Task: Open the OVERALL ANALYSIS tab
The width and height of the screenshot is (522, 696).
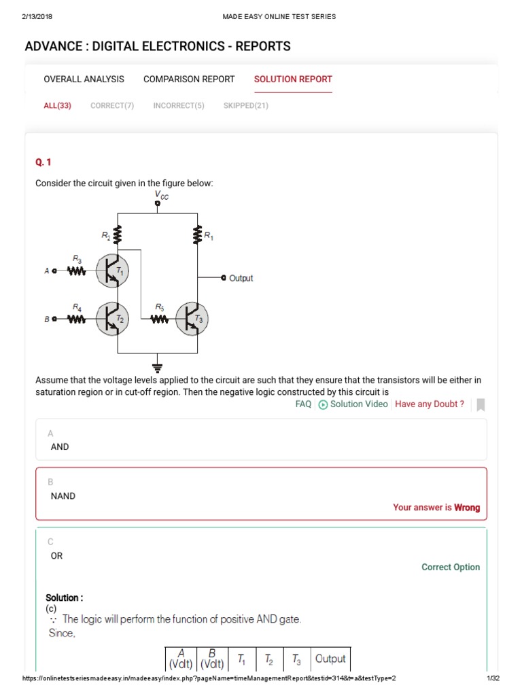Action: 84,79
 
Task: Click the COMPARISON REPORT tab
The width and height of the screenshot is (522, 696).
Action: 189,79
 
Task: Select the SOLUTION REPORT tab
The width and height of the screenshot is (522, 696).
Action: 293,79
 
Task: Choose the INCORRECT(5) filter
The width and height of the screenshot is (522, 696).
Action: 179,105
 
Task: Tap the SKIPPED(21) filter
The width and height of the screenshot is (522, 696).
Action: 246,105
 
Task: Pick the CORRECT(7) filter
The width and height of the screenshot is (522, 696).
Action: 112,105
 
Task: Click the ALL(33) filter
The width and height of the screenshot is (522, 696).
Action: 57,105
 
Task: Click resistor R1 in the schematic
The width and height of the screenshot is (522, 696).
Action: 198,235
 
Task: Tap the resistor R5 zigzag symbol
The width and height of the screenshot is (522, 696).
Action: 159,319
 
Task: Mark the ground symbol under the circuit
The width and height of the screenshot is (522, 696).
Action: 158,368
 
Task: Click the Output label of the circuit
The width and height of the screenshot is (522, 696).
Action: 241,278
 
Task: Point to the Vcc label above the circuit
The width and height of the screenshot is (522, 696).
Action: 161,195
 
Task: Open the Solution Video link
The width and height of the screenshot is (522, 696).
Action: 353,404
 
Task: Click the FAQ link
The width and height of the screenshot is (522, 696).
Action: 303,404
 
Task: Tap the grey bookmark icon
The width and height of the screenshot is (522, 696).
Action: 481,404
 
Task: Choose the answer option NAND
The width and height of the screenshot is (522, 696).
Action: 63,496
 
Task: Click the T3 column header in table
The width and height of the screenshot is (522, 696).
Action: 296,659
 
